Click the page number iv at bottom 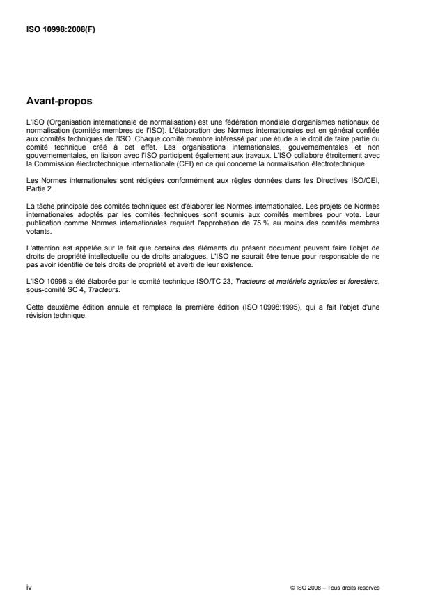point(29,588)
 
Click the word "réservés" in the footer point(367,588)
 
